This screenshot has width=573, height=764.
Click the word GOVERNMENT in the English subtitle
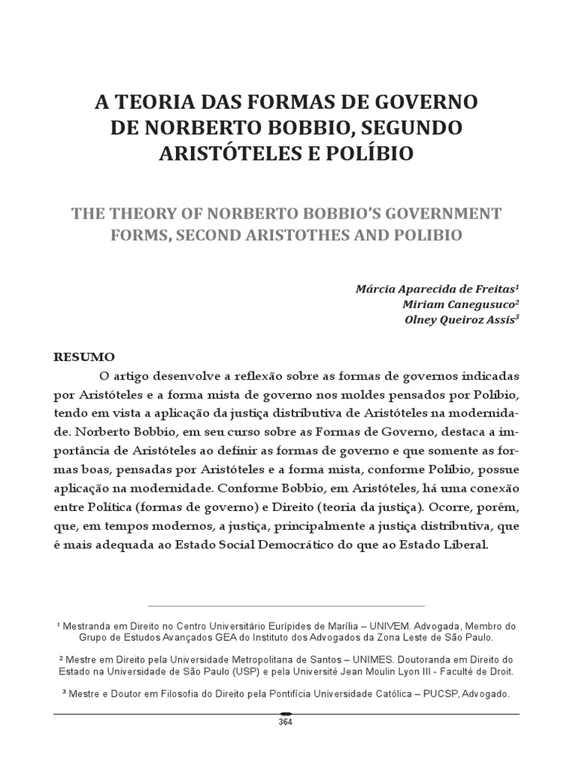pos(436,213)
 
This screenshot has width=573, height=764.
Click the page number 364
pos(286,721)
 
